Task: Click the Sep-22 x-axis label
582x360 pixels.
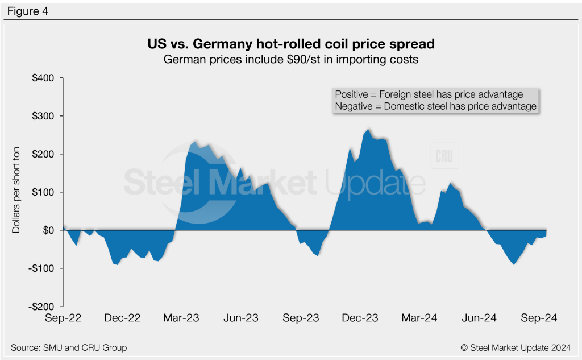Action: pos(63,318)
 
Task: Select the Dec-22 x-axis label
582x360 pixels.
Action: pos(123,318)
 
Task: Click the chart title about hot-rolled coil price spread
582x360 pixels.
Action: pos(290,44)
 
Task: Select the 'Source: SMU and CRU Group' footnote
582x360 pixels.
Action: pos(69,347)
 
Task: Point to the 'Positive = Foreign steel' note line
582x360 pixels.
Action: pos(429,94)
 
